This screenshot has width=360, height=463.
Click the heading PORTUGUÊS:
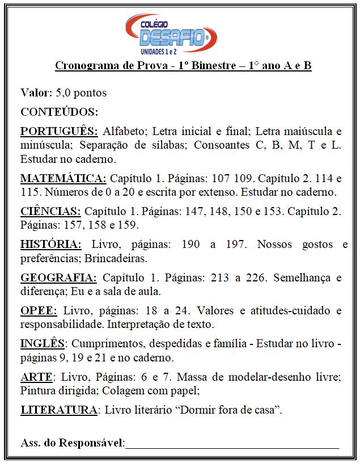[59, 131]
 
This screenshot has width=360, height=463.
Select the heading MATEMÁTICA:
[63, 179]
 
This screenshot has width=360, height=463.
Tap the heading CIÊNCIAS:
[50, 212]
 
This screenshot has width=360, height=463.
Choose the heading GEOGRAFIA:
[58, 278]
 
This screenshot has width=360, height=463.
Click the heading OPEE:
[39, 311]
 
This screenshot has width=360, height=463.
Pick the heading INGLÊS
[43, 344]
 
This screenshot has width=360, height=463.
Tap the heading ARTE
[36, 377]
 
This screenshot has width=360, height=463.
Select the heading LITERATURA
[59, 410]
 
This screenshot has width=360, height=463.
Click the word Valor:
[36, 92]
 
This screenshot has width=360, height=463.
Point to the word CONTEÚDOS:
[60, 112]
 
